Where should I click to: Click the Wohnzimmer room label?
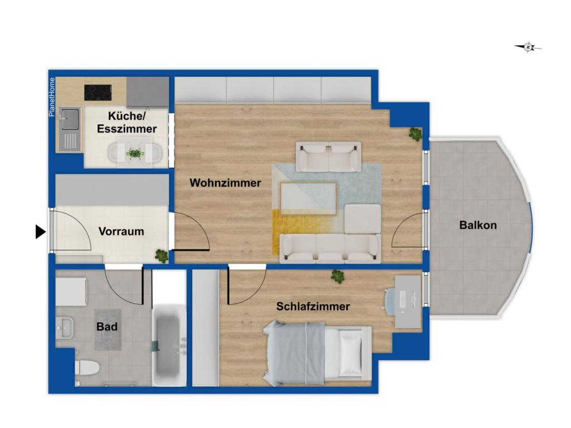pyautogui.click(x=225, y=183)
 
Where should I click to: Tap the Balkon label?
pyautogui.click(x=478, y=225)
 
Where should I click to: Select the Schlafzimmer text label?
pyautogui.click(x=313, y=307)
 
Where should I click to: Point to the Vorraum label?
pyautogui.click(x=121, y=231)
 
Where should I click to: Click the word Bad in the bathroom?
pyautogui.click(x=107, y=327)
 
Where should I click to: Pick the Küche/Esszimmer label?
pyautogui.click(x=127, y=122)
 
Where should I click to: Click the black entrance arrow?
pyautogui.click(x=40, y=232)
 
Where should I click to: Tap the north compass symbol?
pyautogui.click(x=528, y=47)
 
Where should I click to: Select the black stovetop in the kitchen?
pyautogui.click(x=98, y=93)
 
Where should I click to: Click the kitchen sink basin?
pyautogui.click(x=70, y=118)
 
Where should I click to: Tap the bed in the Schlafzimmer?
pyautogui.click(x=317, y=353)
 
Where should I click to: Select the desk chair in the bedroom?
pyautogui.click(x=390, y=299)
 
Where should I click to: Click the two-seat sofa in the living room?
pyautogui.click(x=328, y=157)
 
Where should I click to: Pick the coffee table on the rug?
pyautogui.click(x=308, y=199)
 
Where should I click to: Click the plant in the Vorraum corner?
pyautogui.click(x=161, y=256)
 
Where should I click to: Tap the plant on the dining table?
pyautogui.click(x=135, y=154)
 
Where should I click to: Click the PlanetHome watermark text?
pyautogui.click(x=52, y=97)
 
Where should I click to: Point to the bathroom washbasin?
pyautogui.click(x=65, y=327)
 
